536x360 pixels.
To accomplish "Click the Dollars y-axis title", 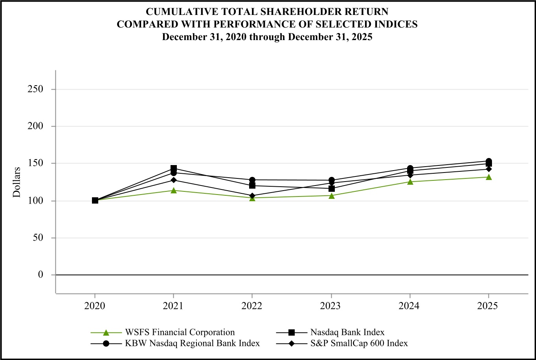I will [17, 182].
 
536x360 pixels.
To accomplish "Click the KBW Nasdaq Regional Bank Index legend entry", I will [192, 343].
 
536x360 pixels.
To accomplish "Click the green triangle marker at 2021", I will [173, 190].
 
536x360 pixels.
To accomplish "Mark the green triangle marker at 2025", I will [488, 177].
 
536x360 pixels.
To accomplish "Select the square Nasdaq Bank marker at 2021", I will [173, 169].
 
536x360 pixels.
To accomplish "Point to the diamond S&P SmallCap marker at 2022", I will [252, 195].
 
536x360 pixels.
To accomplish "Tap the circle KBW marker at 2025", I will [488, 161].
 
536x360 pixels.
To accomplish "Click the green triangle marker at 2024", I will [410, 182].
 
